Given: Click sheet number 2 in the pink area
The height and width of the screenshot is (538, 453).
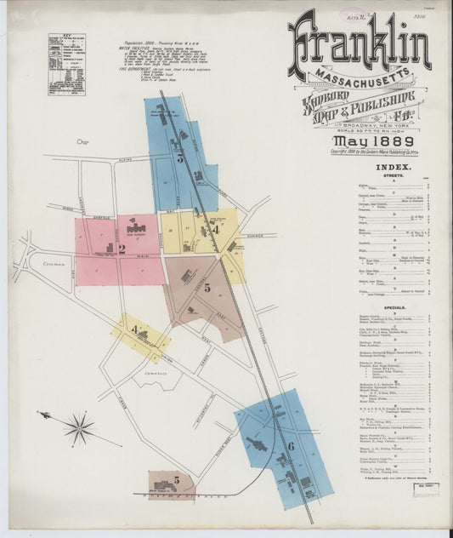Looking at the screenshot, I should click(122, 249).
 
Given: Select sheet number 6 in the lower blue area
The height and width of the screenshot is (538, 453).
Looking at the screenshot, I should click(290, 445).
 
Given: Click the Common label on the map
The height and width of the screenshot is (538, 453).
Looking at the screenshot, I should click(54, 264).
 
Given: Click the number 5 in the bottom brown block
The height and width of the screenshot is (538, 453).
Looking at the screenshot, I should click(177, 480).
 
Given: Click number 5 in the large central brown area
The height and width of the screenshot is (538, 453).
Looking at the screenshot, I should click(207, 289).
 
